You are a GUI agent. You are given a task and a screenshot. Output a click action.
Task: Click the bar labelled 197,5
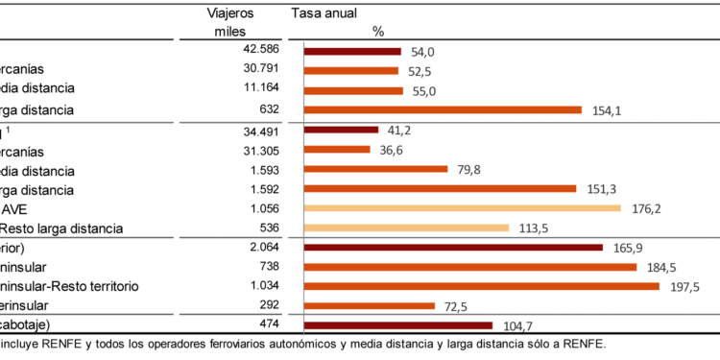[481, 286]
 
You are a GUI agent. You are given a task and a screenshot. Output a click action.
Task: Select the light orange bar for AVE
[462, 207]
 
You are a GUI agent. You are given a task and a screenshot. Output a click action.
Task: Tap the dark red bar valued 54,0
[352, 50]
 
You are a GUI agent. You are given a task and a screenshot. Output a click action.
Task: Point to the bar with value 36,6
[336, 149]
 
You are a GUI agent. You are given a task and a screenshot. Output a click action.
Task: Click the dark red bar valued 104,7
[397, 325]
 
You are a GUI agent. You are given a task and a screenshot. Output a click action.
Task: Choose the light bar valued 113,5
[405, 228]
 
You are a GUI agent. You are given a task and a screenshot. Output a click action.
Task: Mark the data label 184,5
[660, 267]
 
